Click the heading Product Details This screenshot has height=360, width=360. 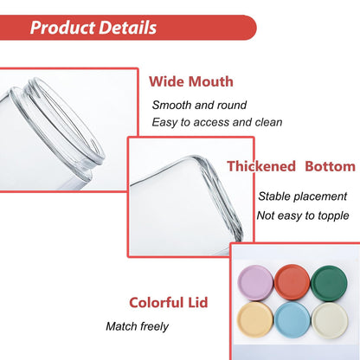click(93, 28)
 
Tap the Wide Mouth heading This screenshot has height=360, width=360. click(190, 81)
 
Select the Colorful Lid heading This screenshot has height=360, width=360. click(170, 303)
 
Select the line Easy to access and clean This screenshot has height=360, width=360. click(217, 122)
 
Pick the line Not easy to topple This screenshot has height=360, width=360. click(303, 215)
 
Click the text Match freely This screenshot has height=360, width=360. click(137, 327)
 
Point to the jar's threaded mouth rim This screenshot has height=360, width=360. click(69, 121)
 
